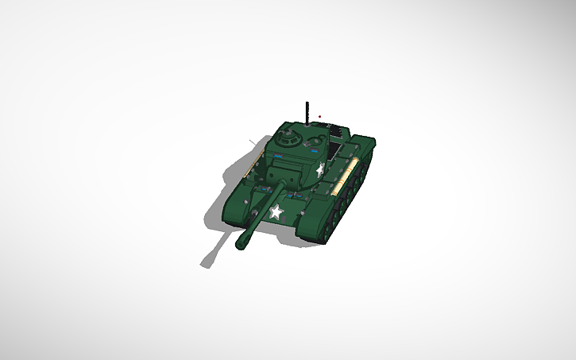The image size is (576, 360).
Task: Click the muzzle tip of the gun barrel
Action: (x=241, y=244)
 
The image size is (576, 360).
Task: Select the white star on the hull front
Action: (x=276, y=212)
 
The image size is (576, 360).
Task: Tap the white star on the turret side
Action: (x=320, y=168)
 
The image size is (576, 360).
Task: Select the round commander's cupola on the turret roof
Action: (x=288, y=139)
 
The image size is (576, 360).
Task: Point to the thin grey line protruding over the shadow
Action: (x=253, y=144)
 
